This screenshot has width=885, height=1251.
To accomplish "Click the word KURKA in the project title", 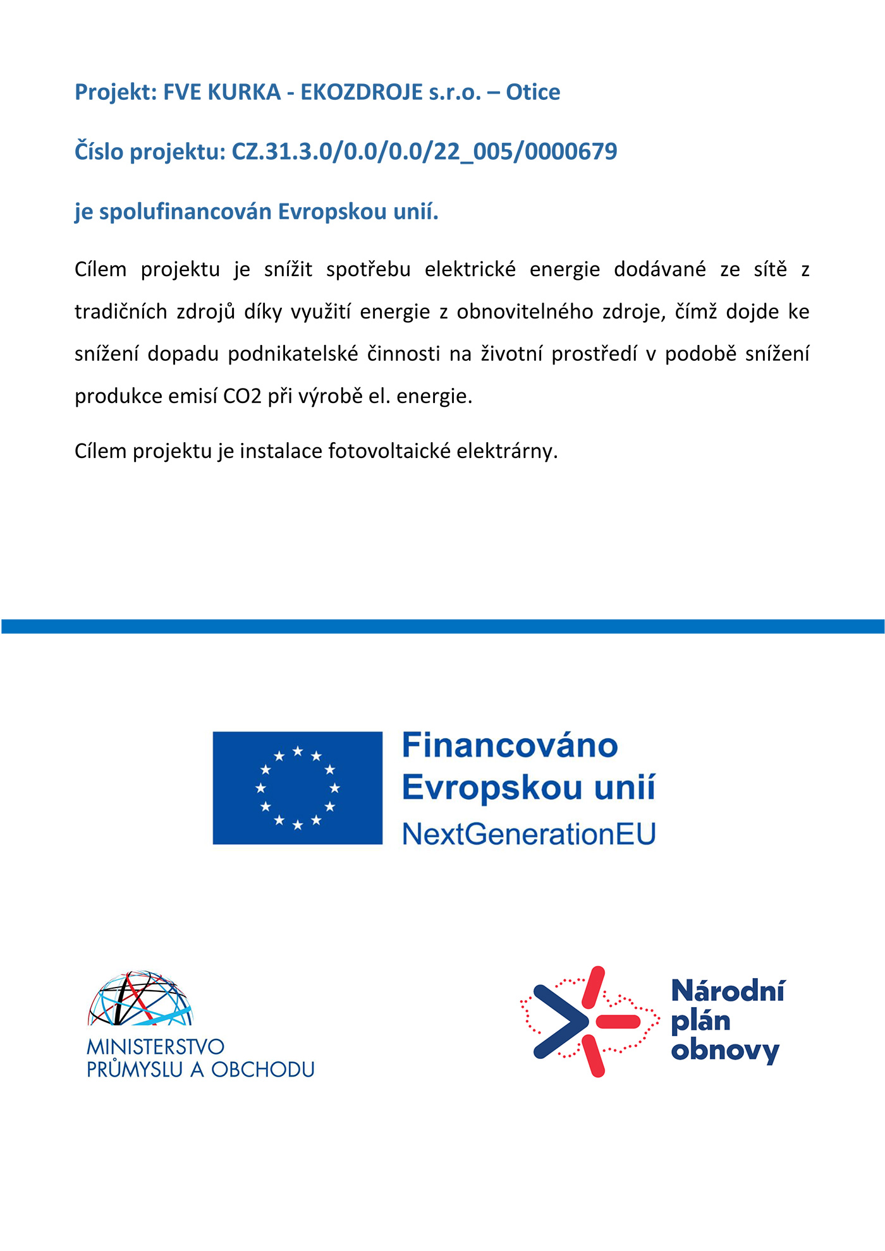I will (x=244, y=92).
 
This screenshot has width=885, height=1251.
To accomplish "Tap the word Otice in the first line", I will (x=532, y=92).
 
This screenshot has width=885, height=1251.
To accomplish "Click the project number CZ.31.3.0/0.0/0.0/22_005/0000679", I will (x=424, y=152).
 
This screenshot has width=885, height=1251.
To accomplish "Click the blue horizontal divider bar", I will (x=442, y=626).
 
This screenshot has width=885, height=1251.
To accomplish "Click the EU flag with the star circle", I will (x=298, y=788).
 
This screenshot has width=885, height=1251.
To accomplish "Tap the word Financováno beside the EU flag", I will (x=510, y=746).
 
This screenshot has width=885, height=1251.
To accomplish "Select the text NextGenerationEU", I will (x=529, y=834).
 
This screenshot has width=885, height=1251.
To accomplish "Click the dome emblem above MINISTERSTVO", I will (x=140, y=999).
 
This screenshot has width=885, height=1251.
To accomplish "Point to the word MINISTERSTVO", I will (x=156, y=1047).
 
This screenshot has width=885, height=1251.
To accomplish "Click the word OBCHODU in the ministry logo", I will (x=262, y=1070).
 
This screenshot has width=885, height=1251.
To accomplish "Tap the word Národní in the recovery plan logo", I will (x=728, y=991).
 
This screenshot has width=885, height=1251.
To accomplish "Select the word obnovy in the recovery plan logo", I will (x=725, y=1051).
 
